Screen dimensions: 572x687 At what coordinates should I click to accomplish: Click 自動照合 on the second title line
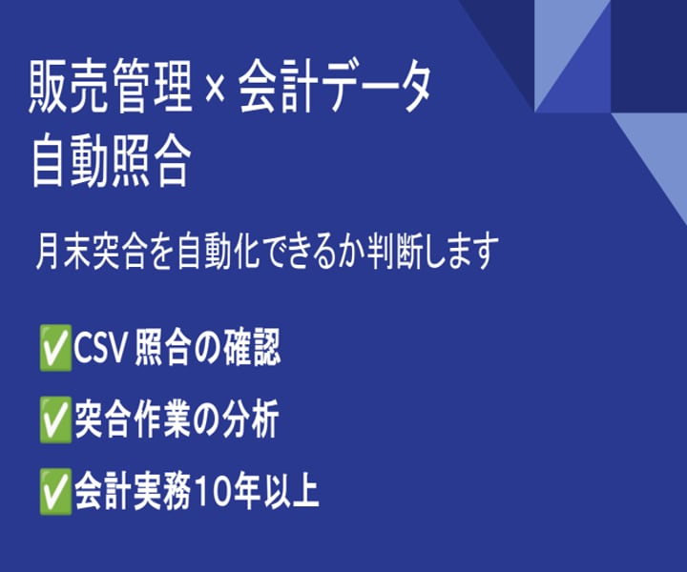point(111,162)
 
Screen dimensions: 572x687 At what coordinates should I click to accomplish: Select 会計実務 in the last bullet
point(134,492)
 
